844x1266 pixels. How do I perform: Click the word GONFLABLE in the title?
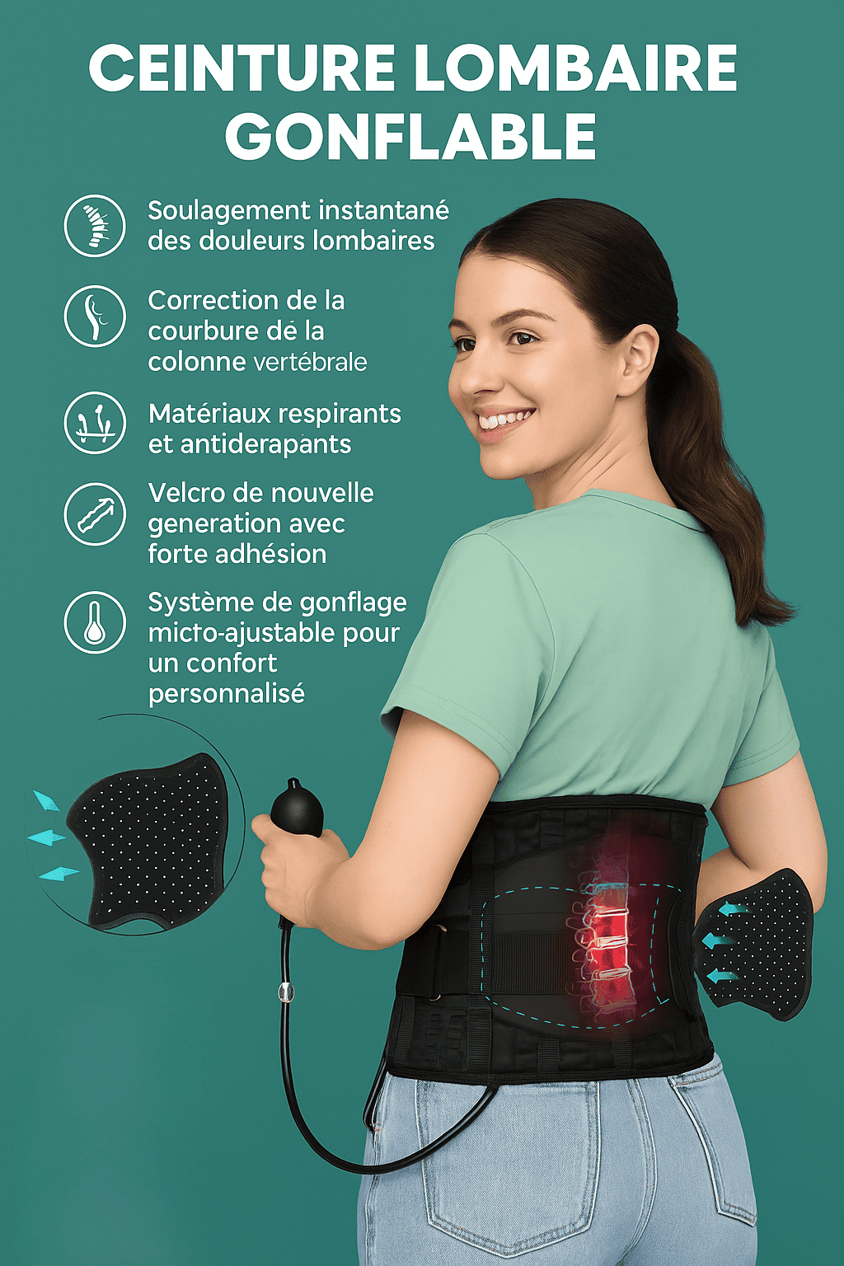pyautogui.click(x=410, y=137)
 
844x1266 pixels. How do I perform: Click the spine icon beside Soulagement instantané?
pyautogui.click(x=95, y=226)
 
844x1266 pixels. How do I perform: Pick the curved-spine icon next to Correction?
pyautogui.click(x=95, y=316)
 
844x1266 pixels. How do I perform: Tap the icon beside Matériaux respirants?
pyautogui.click(x=95, y=422)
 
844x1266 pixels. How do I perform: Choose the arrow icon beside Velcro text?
pyautogui.click(x=95, y=514)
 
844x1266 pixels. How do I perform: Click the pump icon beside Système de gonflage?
pyautogui.click(x=95, y=622)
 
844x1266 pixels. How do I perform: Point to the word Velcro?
pyautogui.click(x=185, y=493)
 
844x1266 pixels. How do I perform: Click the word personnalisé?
pyautogui.click(x=227, y=694)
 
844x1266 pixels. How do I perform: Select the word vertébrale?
pyautogui.click(x=310, y=363)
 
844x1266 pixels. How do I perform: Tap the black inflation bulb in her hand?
pyautogui.click(x=298, y=811)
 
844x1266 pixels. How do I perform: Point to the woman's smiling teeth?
pyautogui.click(x=504, y=420)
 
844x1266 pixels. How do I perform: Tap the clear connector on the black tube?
pyautogui.click(x=286, y=992)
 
